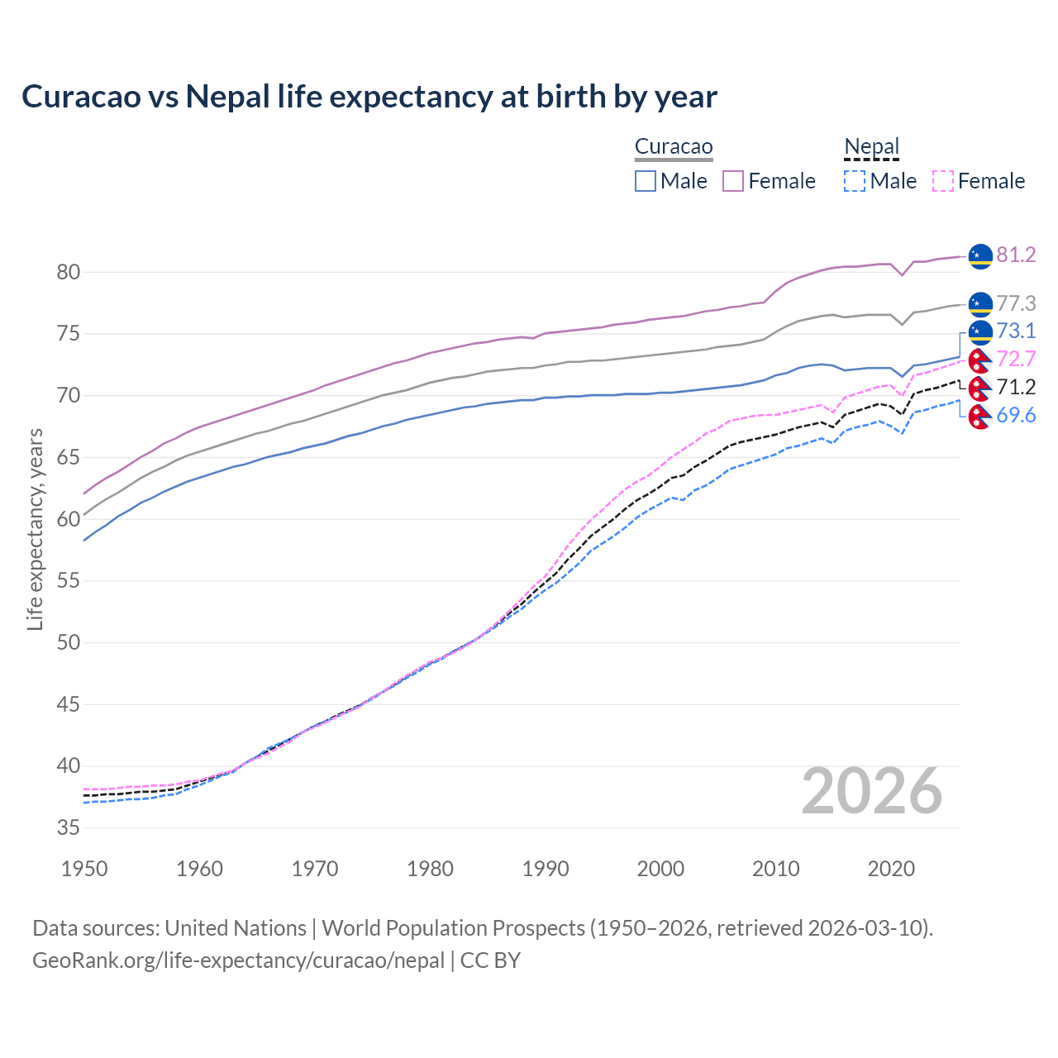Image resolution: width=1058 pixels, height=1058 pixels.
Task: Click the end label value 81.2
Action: [x=1016, y=255]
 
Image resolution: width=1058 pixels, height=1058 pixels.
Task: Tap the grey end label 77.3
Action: [x=1016, y=303]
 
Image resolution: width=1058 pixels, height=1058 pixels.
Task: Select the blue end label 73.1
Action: [x=1016, y=331]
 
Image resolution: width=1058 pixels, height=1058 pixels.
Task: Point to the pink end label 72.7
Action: [x=1016, y=359]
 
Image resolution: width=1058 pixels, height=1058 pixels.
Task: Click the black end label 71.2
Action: [x=1016, y=387]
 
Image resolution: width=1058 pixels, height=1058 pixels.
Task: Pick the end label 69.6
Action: [x=1016, y=415]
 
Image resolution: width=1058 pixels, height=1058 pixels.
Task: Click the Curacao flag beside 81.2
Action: [x=979, y=256]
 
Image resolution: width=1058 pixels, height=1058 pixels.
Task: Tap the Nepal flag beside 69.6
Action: [x=979, y=417]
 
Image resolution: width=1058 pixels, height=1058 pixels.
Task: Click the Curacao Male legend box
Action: [x=646, y=181]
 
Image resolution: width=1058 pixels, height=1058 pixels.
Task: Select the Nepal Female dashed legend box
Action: [x=943, y=181]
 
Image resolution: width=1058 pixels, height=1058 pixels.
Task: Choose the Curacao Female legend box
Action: [x=733, y=181]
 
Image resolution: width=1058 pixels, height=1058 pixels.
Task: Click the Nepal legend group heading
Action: [x=871, y=147]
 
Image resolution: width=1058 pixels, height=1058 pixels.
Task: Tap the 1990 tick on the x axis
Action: [x=546, y=869]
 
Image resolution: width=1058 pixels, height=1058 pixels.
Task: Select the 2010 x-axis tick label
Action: [x=775, y=869]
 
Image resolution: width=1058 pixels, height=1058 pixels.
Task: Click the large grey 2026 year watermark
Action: [x=871, y=791]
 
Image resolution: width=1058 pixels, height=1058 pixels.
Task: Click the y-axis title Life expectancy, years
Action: [x=35, y=529]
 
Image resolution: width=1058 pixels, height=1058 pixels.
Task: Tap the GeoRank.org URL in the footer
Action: [x=238, y=960]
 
